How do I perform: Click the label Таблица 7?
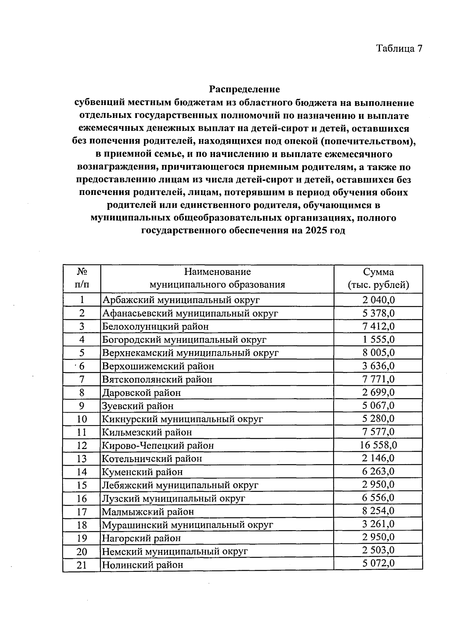point(399,49)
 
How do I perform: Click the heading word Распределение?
point(244,89)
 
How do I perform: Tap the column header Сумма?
point(378,272)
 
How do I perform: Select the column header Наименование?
point(217,272)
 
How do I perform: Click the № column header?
point(82,272)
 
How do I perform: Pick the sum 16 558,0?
point(378,445)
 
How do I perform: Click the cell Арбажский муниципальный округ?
point(181,300)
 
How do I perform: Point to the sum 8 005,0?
point(378,353)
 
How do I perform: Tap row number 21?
point(82,565)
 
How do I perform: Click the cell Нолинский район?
point(143,565)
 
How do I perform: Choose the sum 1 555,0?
point(378,339)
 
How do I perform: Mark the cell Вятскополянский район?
point(157,379)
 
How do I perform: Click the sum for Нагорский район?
point(378,537)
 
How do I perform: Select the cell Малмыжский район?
point(148,512)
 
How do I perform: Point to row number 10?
point(82,419)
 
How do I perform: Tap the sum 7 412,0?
point(378,326)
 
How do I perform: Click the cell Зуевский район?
point(138,406)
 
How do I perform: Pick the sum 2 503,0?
point(378,550)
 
